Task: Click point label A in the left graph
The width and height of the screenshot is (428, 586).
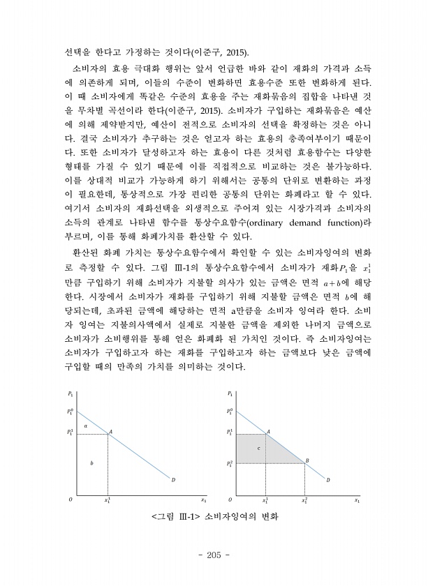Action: click(x=110, y=433)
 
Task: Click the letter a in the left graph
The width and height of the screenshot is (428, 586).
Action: click(x=85, y=424)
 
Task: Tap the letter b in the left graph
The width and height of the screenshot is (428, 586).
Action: click(x=92, y=463)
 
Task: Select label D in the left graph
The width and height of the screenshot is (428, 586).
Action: click(x=173, y=479)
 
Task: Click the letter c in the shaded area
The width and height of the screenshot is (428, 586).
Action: click(x=259, y=447)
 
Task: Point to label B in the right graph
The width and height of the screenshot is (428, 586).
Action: click(x=307, y=460)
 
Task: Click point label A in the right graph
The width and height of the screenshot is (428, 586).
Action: click(x=268, y=432)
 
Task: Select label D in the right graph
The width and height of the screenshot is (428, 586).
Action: click(x=328, y=479)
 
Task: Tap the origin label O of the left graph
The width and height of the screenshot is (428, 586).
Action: click(x=70, y=500)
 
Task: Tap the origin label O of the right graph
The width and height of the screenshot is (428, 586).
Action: click(x=231, y=500)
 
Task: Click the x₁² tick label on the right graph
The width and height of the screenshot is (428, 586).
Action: click(x=305, y=500)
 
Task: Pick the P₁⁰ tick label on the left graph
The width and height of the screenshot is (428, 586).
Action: click(x=71, y=410)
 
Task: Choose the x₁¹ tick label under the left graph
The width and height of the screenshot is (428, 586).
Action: click(x=107, y=500)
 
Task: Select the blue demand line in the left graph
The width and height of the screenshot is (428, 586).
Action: click(x=140, y=453)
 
